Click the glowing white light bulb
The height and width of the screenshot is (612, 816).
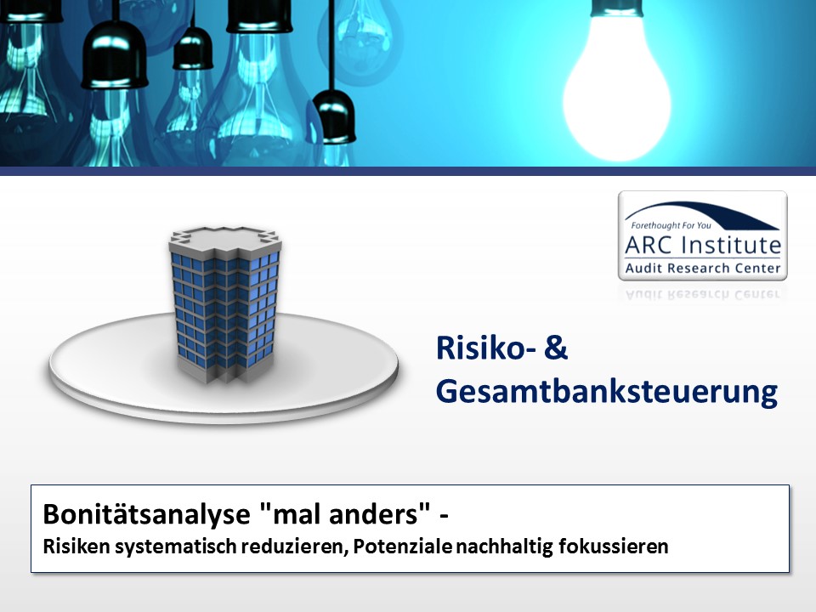[617, 86]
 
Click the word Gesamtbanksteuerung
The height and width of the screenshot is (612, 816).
[607, 391]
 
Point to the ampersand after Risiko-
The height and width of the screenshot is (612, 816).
[556, 348]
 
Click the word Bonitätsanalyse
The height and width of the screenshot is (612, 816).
[146, 514]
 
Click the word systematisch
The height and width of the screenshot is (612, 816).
[175, 547]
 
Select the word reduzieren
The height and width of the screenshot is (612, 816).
[294, 547]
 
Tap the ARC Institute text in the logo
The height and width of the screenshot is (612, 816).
[703, 245]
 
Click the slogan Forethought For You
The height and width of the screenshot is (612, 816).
[671, 225]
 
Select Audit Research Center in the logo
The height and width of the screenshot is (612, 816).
[703, 268]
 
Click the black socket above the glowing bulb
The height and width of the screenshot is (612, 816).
[617, 8]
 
